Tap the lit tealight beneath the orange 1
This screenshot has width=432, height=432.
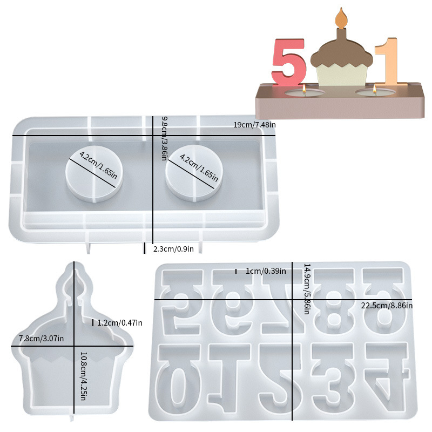coord(375,92)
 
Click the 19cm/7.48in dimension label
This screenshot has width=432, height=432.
coord(254,125)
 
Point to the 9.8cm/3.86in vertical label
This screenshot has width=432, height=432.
coord(164,138)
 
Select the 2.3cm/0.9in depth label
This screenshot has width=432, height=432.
coord(173,249)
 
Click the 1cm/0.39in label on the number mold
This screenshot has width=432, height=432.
coord(266,271)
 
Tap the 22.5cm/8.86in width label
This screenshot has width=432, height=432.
coord(387,306)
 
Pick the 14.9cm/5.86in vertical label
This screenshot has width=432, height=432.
coord(307,289)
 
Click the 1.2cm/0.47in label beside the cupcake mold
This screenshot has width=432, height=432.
coord(120,322)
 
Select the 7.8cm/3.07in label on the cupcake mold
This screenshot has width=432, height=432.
coord(42,338)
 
